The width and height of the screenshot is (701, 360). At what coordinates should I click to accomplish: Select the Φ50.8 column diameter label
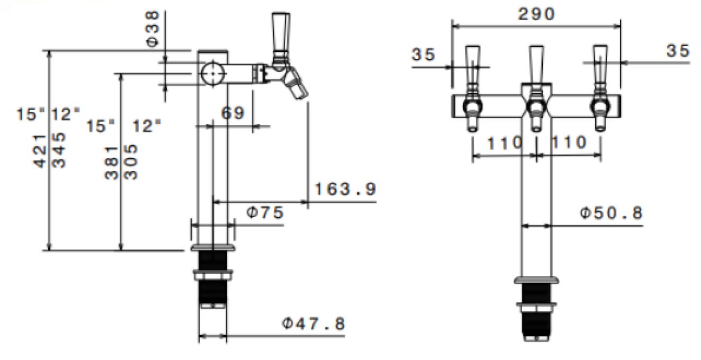pyautogui.click(x=611, y=213)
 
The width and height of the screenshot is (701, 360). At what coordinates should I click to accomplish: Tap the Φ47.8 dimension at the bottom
pyautogui.click(x=312, y=322)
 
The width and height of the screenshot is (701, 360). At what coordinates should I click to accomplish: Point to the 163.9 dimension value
pyautogui.click(x=345, y=188)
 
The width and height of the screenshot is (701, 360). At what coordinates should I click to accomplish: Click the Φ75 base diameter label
pyautogui.click(x=265, y=213)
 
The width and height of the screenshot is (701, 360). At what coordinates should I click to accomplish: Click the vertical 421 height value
pyautogui.click(x=41, y=151)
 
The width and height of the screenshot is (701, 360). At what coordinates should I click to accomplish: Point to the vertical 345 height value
pyautogui.click(x=60, y=151)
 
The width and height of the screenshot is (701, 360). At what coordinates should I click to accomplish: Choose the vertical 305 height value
pyautogui.click(x=132, y=161)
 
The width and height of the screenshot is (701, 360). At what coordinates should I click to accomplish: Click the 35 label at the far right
pyautogui.click(x=678, y=51)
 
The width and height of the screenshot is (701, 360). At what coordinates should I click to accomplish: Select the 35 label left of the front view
pyautogui.click(x=423, y=54)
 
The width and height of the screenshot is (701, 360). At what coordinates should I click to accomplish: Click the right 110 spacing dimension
pyautogui.click(x=569, y=142)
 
